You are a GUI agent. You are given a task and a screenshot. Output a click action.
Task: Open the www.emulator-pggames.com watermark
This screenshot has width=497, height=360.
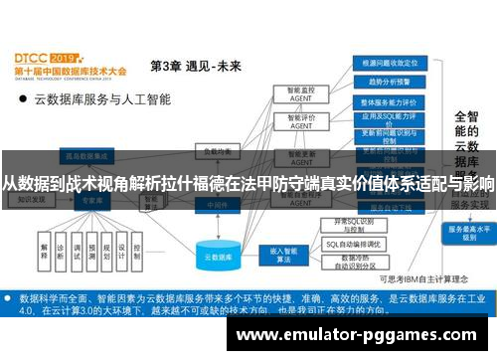click(368, 334)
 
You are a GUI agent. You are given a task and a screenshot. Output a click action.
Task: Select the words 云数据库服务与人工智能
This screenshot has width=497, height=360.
click(103, 100)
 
